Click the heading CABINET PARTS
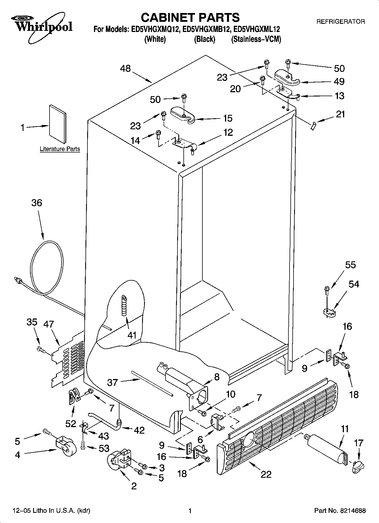click(190, 18)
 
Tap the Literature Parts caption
click(60, 149)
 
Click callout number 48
click(125, 68)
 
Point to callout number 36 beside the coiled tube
click(37, 203)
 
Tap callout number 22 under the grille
click(266, 474)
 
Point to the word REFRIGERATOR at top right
click(340, 21)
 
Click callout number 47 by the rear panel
click(49, 324)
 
